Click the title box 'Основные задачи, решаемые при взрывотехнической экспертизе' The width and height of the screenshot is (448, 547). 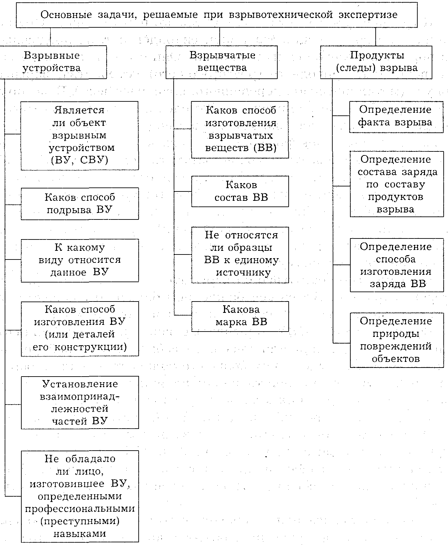coord(217,15)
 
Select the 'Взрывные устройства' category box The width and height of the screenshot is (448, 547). coord(53,62)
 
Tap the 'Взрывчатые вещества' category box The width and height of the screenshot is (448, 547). coord(222,62)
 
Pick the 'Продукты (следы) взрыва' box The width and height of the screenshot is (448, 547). coord(376,62)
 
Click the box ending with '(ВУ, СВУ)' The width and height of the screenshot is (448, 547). coord(80,135)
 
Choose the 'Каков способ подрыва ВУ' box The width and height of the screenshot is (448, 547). coord(80,203)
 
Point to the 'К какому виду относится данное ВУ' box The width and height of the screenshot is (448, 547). coord(80,260)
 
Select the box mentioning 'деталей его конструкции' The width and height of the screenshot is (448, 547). coord(80,329)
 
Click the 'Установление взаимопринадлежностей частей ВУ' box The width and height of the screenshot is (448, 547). coord(80,402)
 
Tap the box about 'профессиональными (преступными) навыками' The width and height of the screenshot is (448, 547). coord(80,496)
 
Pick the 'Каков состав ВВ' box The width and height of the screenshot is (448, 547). coord(240,191)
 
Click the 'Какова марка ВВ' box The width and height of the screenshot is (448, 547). coord(240,316)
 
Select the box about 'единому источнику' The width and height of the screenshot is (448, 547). coord(240,254)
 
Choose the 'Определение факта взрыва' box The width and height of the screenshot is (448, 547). coord(396,116)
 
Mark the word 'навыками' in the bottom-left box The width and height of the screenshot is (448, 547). coord(80,533)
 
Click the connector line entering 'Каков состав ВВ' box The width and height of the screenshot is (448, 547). coord(183,191)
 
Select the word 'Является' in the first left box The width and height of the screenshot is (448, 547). coord(79,110)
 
